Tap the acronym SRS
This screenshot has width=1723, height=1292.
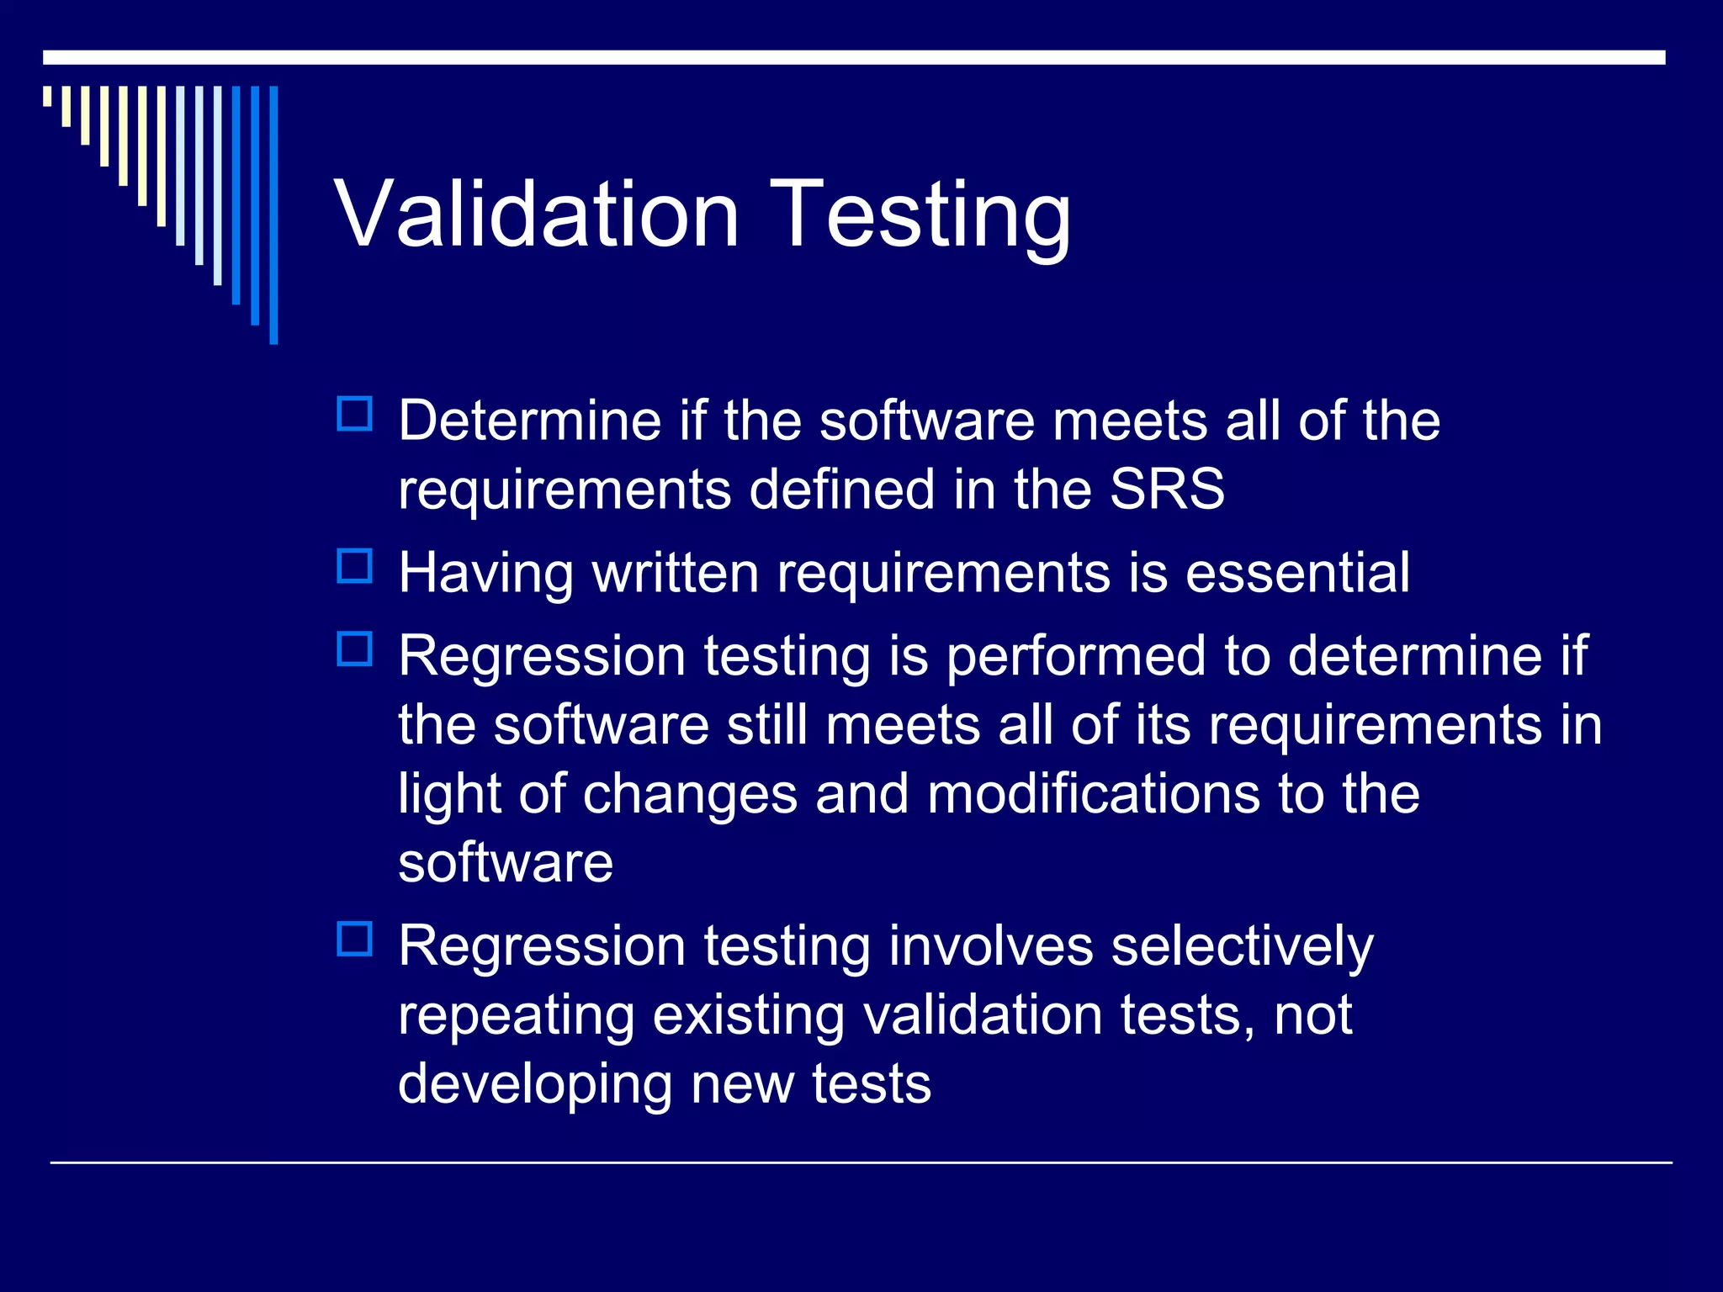pyautogui.click(x=1167, y=489)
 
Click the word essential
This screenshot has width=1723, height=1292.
pyautogui.click(x=1297, y=573)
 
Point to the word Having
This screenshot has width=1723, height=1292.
pyautogui.click(x=485, y=573)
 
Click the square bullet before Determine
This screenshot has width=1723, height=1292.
pyautogui.click(x=354, y=415)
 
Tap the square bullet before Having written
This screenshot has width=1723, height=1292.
pyautogui.click(x=354, y=566)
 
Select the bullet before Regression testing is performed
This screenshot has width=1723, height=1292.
pyautogui.click(x=354, y=649)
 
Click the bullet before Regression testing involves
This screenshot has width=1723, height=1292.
pyautogui.click(x=354, y=939)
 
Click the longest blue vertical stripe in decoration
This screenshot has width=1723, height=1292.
pyautogui.click(x=273, y=214)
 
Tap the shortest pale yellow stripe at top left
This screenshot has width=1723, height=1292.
pyautogui.click(x=48, y=96)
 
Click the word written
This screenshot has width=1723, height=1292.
pyautogui.click(x=675, y=573)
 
